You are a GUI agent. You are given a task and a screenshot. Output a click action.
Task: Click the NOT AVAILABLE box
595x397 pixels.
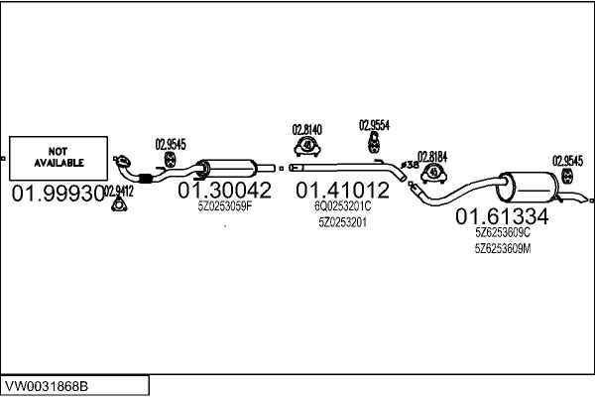pyautogui.click(x=59, y=158)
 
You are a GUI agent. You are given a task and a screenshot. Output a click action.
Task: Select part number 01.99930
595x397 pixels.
pyautogui.click(x=59, y=194)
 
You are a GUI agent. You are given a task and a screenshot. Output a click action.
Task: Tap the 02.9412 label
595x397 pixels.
pyautogui.click(x=119, y=192)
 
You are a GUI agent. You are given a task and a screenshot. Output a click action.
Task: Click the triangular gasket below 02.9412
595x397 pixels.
pyautogui.click(x=119, y=204)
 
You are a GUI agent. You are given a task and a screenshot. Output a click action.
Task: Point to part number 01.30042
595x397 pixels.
pyautogui.click(x=225, y=190)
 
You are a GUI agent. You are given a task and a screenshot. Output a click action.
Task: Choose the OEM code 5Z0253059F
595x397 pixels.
pyautogui.click(x=225, y=206)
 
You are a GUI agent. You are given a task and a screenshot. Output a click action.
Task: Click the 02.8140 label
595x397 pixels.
pyautogui.click(x=307, y=130)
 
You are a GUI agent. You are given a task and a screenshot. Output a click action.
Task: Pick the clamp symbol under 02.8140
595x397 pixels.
pyautogui.click(x=307, y=147)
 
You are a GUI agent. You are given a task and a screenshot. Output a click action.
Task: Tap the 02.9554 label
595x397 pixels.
pyautogui.click(x=374, y=125)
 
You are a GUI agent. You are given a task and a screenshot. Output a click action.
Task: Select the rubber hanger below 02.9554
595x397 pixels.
pyautogui.click(x=374, y=143)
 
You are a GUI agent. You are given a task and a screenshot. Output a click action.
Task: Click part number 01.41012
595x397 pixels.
pyautogui.click(x=343, y=190)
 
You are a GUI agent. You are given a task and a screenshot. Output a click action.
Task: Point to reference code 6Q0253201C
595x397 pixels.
pyautogui.click(x=343, y=206)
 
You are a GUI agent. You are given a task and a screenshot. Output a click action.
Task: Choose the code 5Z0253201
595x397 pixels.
pyautogui.click(x=343, y=222)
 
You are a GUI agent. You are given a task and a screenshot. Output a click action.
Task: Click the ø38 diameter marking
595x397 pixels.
pyautogui.click(x=410, y=165)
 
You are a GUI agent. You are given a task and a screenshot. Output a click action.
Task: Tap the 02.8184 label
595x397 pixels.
pyautogui.click(x=432, y=157)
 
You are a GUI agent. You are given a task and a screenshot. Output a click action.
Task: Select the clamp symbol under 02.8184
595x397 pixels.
pyautogui.click(x=433, y=174)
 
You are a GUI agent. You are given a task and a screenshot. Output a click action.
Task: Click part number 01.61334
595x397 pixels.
pyautogui.click(x=502, y=216)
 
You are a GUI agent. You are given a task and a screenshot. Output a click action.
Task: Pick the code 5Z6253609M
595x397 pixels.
pyautogui.click(x=503, y=249)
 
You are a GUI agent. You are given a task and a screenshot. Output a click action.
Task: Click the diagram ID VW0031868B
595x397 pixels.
pyautogui.click(x=47, y=387)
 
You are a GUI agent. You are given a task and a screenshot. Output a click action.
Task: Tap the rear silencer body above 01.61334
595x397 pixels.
pyautogui.click(x=528, y=187)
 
